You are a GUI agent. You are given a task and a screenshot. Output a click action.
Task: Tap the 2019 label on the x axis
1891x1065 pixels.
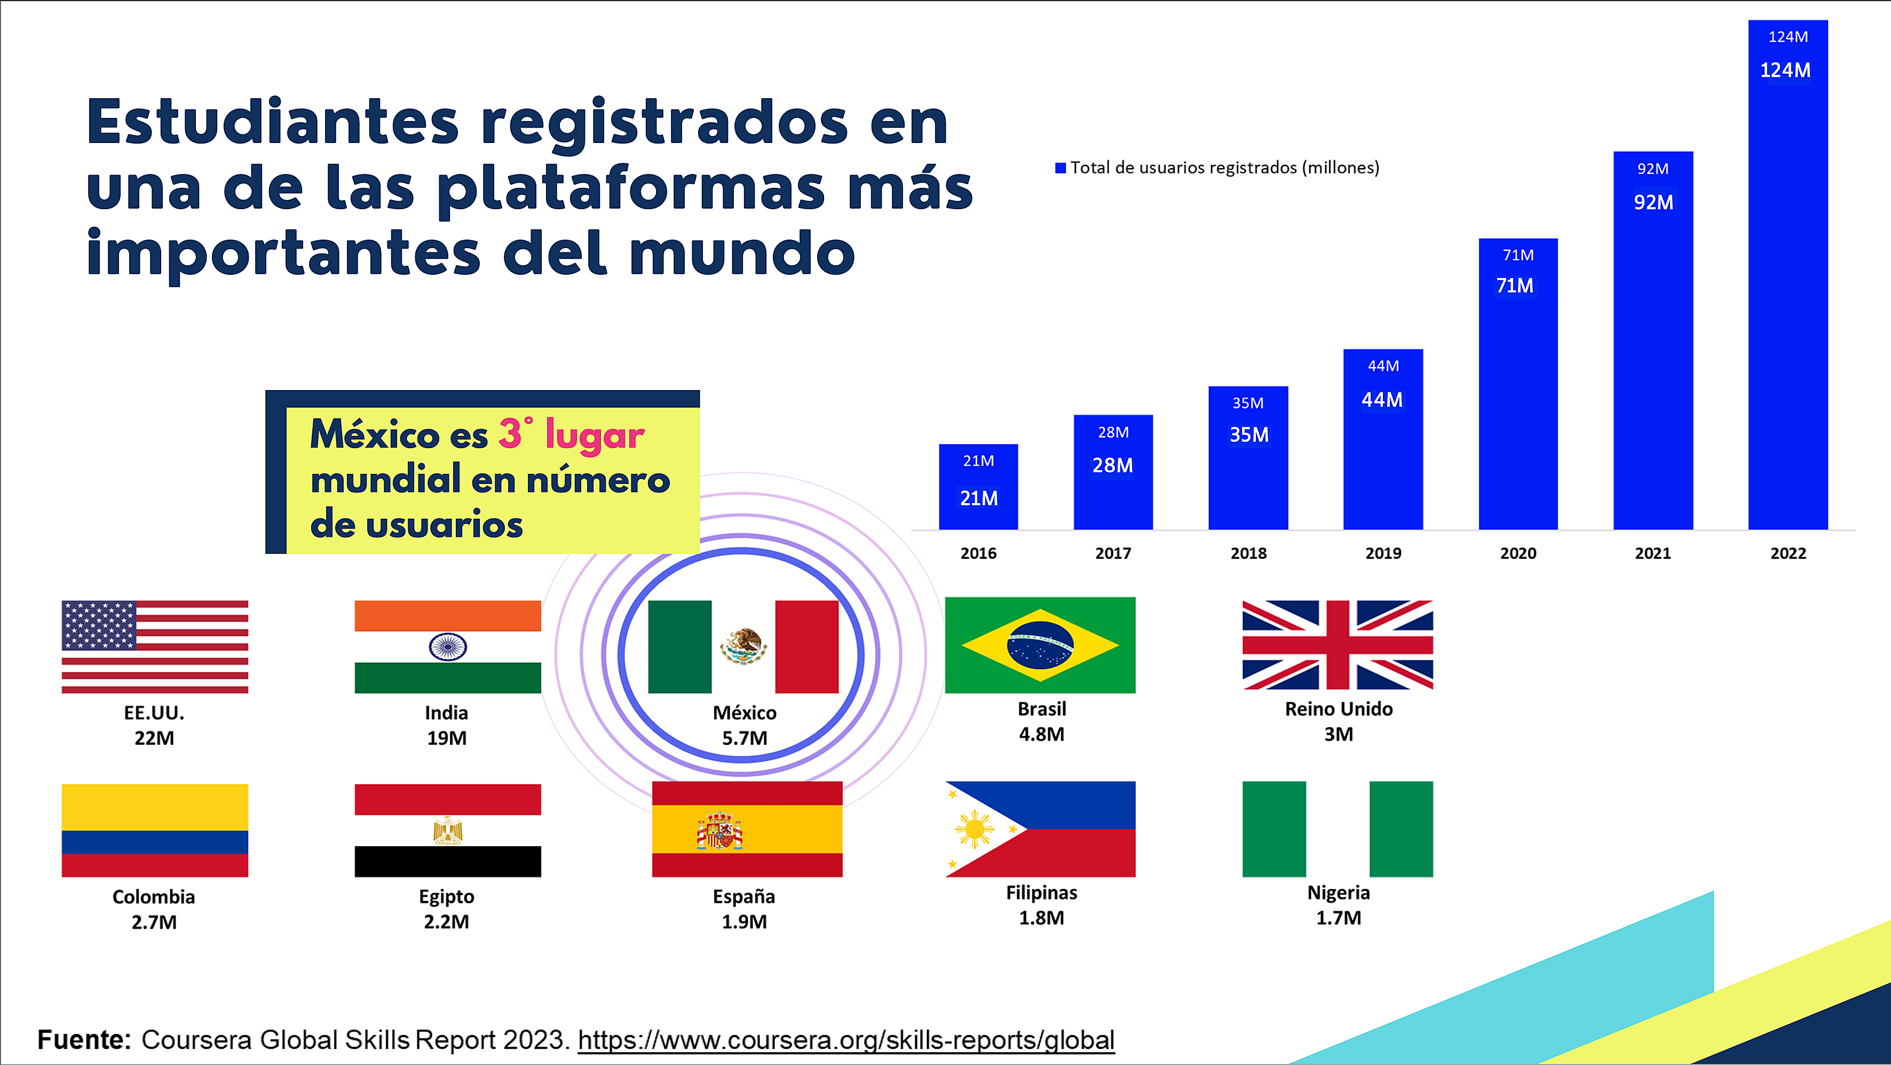pos(1383,553)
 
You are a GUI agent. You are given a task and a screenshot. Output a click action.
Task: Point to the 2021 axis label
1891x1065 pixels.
pos(1652,553)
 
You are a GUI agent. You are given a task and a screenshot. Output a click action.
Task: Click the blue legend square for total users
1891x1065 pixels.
pos(1060,168)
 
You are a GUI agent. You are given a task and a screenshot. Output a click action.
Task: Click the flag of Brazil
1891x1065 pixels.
pos(1040,645)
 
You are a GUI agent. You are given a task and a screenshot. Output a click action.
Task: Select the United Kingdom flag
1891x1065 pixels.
pos(1337,645)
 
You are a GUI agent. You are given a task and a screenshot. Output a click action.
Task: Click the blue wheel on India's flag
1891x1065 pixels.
pos(448,647)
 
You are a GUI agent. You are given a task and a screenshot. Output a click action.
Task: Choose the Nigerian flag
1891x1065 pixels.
pos(1337,829)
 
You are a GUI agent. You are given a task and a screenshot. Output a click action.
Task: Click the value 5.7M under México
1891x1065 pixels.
pos(745,738)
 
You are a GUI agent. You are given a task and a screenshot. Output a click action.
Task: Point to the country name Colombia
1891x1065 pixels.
pos(153,897)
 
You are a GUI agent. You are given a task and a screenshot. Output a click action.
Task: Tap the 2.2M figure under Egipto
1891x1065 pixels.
pos(446,922)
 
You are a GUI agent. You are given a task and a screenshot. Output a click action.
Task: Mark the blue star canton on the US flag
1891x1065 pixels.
pos(98,625)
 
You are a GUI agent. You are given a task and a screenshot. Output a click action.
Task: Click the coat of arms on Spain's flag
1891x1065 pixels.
pos(719,831)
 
